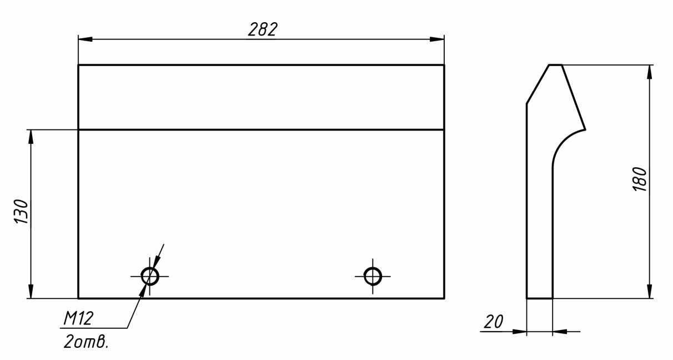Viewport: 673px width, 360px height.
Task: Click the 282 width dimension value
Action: [263, 29]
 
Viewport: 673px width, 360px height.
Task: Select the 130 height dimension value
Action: [21, 211]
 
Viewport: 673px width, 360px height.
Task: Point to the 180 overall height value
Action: [639, 179]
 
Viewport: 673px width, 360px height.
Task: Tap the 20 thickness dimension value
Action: [493, 322]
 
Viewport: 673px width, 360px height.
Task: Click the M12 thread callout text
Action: [78, 318]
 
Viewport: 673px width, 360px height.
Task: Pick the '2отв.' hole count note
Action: [86, 342]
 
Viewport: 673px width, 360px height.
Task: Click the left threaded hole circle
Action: [150, 276]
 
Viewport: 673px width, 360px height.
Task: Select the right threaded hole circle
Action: [373, 276]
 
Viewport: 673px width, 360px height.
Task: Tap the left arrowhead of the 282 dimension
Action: [86, 39]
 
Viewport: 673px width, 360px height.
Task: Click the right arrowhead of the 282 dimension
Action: [437, 39]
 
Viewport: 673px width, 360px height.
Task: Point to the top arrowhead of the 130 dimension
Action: [31, 137]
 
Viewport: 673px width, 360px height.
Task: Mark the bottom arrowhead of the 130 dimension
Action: [31, 291]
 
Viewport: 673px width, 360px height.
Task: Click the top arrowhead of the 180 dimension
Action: [650, 72]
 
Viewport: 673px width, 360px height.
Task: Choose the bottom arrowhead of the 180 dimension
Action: [650, 291]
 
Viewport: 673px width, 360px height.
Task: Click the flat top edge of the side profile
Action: [555, 65]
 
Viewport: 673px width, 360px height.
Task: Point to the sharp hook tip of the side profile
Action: [585, 129]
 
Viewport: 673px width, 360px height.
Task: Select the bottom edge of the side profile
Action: [540, 298]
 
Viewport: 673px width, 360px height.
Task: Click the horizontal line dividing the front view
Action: [261, 130]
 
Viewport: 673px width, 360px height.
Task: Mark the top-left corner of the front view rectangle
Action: [78, 65]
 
